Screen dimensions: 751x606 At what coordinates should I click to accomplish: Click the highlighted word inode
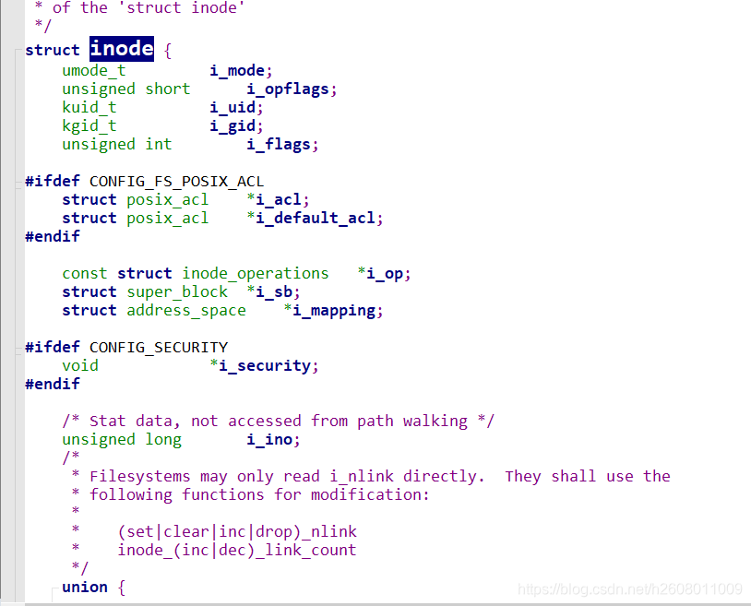(122, 49)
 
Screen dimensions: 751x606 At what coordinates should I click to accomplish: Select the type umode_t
(93, 70)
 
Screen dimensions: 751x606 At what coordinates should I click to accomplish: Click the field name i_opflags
(291, 89)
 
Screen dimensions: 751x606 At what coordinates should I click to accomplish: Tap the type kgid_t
(89, 125)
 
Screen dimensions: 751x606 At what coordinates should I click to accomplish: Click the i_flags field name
(280, 144)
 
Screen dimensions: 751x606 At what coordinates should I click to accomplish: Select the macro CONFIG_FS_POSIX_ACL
(176, 181)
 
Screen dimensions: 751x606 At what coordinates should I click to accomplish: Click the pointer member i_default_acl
(317, 218)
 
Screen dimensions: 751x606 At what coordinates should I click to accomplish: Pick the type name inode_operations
(255, 273)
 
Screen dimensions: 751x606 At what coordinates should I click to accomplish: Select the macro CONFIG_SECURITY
(158, 347)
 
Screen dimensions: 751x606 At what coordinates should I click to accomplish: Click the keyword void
(79, 365)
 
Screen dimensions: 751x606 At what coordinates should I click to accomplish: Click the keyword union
(84, 587)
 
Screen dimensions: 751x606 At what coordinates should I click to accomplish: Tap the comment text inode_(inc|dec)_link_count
(236, 550)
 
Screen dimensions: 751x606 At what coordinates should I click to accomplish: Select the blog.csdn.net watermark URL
(630, 588)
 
